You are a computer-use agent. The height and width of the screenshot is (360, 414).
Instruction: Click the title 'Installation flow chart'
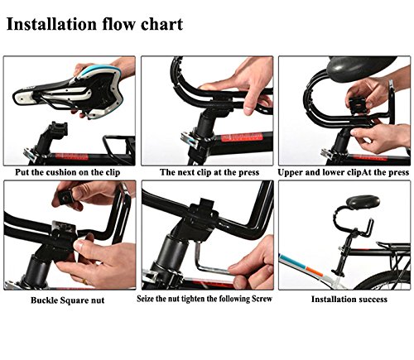point(94,24)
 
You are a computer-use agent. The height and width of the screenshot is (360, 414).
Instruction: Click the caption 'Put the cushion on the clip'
point(68,172)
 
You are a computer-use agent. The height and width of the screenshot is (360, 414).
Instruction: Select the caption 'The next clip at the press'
point(209,172)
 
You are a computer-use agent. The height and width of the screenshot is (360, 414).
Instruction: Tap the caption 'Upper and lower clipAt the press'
point(343,172)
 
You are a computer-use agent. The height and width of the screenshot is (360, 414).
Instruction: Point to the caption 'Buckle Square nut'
point(68,300)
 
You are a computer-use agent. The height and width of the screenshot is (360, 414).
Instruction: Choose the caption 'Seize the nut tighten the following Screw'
point(205,299)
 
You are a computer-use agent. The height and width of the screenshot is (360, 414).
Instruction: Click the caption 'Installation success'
point(349,300)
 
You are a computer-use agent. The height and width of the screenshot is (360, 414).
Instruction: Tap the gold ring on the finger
point(85,281)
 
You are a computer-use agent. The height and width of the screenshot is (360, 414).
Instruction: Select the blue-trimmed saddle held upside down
point(69,89)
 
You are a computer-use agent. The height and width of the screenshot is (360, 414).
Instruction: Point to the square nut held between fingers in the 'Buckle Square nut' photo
point(65,196)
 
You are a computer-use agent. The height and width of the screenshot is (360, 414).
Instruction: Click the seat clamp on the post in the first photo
point(59,129)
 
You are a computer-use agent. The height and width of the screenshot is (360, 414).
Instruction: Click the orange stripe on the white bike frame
point(314,271)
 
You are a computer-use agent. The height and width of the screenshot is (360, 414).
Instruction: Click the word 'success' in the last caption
point(372,300)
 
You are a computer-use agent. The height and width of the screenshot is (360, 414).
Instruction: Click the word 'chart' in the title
point(162,24)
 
